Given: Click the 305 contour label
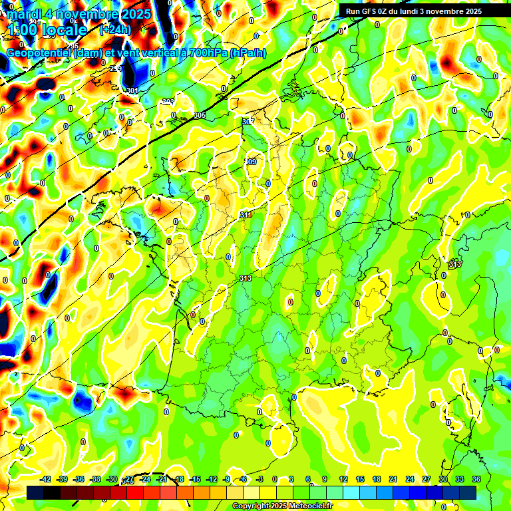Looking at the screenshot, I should pos(200,116).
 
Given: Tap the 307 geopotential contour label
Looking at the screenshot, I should pos(248,122).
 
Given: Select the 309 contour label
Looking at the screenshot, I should pos(251,162).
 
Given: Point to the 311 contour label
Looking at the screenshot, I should pos(246,215).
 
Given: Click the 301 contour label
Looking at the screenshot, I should pos(132,90).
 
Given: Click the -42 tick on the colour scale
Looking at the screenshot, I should pos(46,479).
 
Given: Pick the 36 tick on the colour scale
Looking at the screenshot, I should pos(476,479).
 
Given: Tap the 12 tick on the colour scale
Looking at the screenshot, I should pos(343,479).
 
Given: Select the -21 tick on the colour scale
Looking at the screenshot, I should pos(162,479).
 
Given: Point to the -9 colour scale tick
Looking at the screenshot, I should pos(227,479).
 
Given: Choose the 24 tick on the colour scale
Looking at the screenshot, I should pos(410,479).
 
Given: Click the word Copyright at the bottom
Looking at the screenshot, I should pos(251,506).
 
